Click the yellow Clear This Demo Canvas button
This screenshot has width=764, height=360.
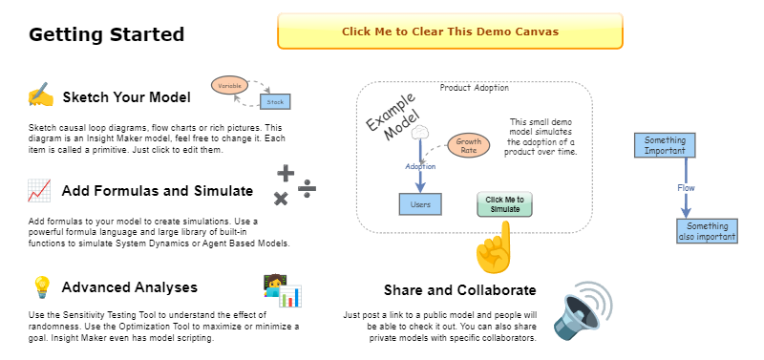click(449, 31)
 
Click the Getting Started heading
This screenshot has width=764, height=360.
click(106, 35)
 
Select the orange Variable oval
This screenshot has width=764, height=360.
click(230, 86)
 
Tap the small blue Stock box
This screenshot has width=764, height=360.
click(275, 100)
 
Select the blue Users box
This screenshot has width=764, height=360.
click(420, 203)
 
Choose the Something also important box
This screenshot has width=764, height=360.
click(706, 232)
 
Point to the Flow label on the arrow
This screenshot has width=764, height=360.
click(686, 188)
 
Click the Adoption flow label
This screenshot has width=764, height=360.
click(420, 166)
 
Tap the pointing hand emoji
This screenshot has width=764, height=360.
click(493, 249)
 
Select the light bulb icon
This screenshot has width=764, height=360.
click(41, 287)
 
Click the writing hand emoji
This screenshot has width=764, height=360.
click(40, 96)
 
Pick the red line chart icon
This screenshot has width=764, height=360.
click(39, 190)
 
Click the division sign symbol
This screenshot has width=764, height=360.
click(308, 186)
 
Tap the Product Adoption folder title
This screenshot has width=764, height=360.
click(474, 88)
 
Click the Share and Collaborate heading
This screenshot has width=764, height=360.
click(459, 290)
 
